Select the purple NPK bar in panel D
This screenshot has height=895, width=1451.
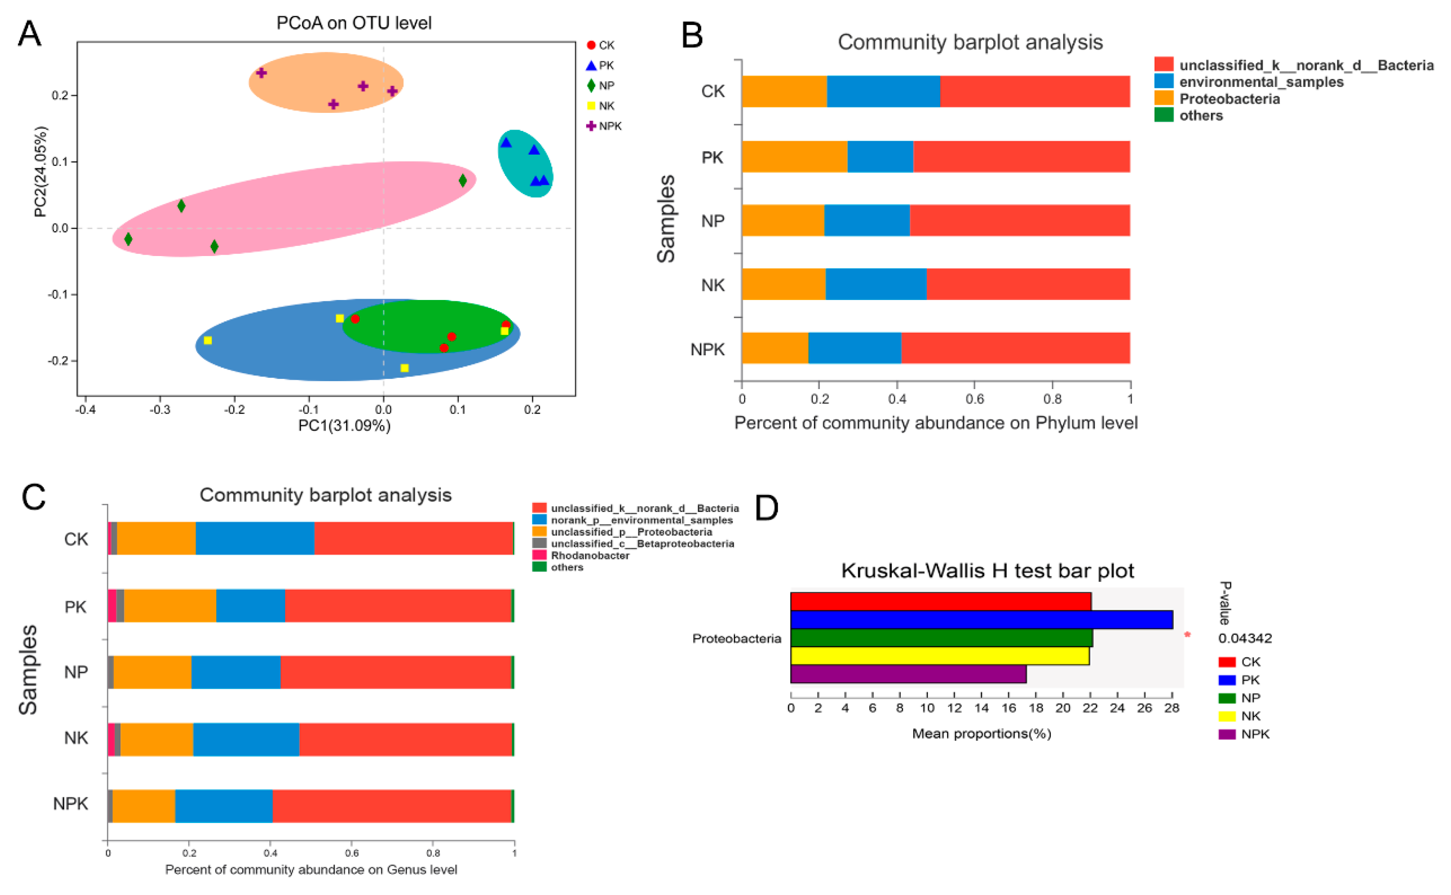907,674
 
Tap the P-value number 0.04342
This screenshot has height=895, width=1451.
1244,638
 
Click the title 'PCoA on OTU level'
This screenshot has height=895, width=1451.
354,23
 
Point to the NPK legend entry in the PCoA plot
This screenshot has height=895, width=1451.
609,126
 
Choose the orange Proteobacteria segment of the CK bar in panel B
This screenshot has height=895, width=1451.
784,91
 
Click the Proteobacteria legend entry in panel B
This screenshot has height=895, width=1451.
1229,99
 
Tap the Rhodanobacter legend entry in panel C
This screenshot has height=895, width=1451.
589,555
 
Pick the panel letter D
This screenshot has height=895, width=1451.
766,508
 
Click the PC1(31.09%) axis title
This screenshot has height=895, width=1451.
344,426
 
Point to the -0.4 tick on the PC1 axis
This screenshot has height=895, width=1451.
85,410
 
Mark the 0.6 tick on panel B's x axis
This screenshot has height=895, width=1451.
974,399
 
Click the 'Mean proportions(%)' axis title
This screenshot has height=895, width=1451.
981,733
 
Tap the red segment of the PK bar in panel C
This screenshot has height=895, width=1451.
398,606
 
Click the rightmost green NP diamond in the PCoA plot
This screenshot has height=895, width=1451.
463,180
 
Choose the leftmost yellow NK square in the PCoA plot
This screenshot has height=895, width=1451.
208,340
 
